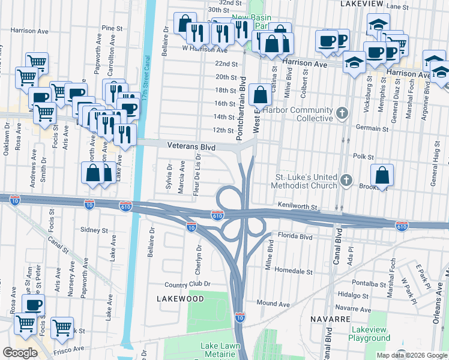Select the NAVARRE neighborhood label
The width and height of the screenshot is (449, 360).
tap(330, 317)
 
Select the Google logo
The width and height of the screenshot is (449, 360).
tap(19, 353)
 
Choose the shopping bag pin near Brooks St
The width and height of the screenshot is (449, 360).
tap(382, 176)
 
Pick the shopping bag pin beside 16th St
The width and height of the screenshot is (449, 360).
tap(260, 95)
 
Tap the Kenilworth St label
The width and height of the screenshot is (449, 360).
tap(297, 205)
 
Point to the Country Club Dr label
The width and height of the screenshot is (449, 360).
tap(191, 284)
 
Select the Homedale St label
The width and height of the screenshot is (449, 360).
tap(294, 271)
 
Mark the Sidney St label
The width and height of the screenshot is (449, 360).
tap(94, 230)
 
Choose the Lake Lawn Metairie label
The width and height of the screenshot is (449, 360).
tap(220, 350)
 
